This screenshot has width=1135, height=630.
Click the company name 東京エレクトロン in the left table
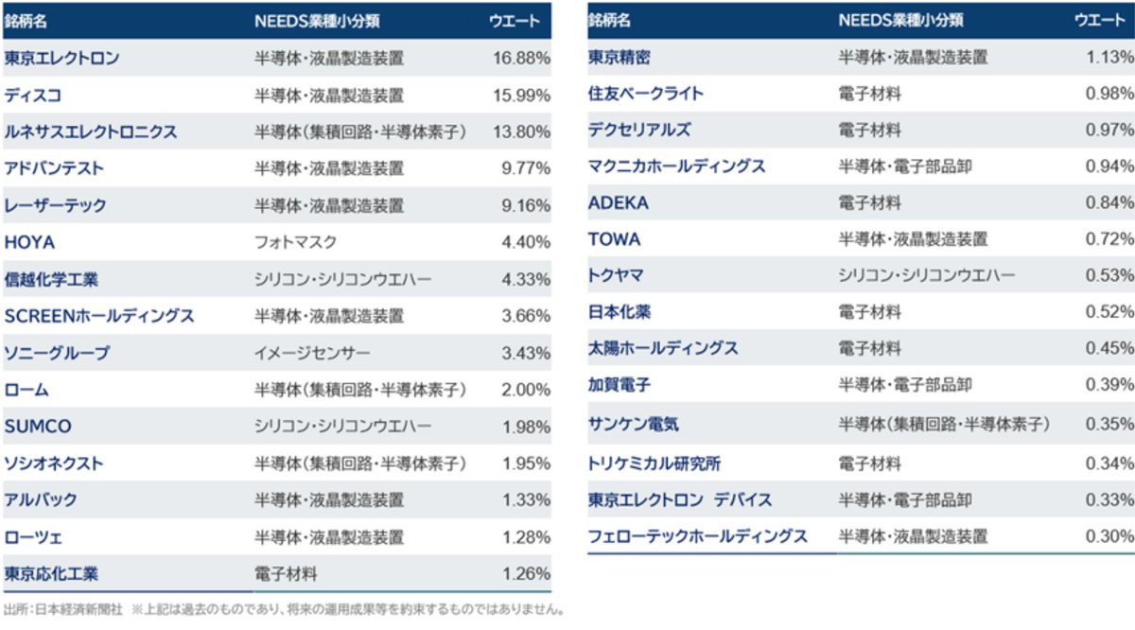pyautogui.click(x=61, y=58)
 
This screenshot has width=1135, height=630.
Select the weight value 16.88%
pyautogui.click(x=521, y=58)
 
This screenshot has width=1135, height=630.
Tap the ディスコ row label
pyautogui.click(x=33, y=95)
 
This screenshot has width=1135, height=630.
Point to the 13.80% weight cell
pyautogui.click(x=521, y=131)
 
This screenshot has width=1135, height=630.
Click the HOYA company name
pyautogui.click(x=29, y=242)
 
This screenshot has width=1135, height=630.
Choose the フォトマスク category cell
pyautogui.click(x=295, y=242)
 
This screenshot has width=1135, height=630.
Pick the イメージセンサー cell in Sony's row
pyautogui.click(x=312, y=353)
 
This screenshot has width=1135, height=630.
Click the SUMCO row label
pyautogui.click(x=38, y=427)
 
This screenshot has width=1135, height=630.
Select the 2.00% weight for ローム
pyautogui.click(x=526, y=390)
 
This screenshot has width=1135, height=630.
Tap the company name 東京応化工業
pyautogui.click(x=51, y=573)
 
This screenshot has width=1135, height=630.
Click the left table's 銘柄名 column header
pyautogui.click(x=26, y=20)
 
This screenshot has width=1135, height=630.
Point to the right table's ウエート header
pyautogui.click(x=1100, y=20)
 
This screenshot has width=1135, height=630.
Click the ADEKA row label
pyautogui.click(x=619, y=202)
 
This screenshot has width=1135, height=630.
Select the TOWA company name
pyautogui.click(x=614, y=239)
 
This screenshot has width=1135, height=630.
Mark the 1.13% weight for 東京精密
pyautogui.click(x=1109, y=57)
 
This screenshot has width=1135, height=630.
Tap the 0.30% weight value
pyautogui.click(x=1109, y=536)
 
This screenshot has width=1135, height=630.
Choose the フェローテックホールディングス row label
pyautogui.click(x=697, y=536)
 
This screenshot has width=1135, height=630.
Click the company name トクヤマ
pyautogui.click(x=616, y=275)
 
